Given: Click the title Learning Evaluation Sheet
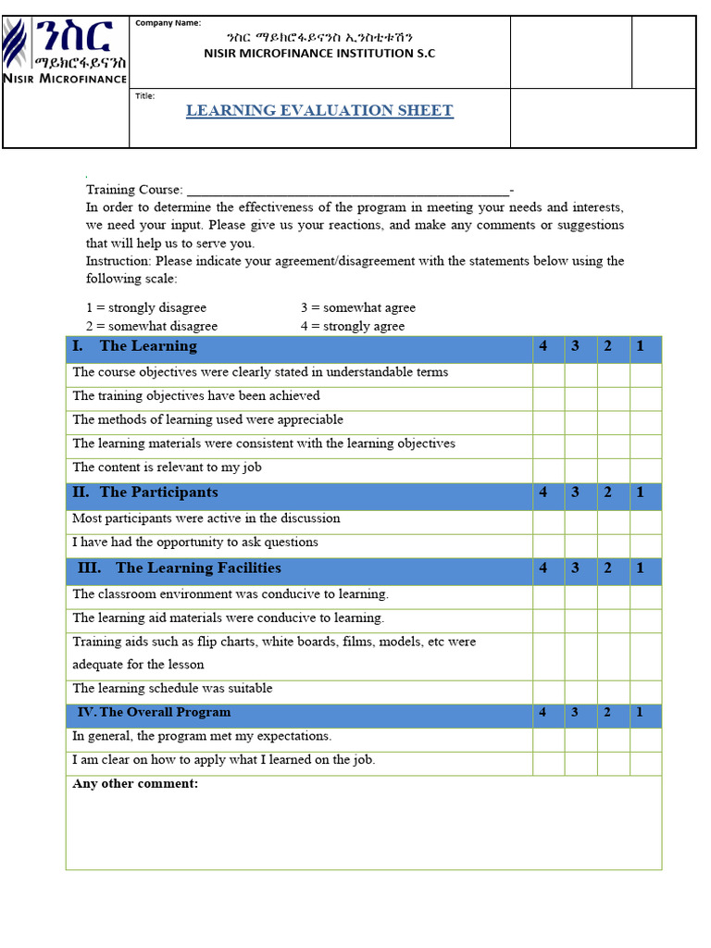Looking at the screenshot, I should pyautogui.click(x=319, y=110).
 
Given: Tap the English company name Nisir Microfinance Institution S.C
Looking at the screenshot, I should pyautogui.click(x=319, y=54).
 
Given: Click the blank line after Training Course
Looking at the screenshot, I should pyautogui.click(x=347, y=189).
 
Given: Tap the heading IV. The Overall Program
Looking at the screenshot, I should pyautogui.click(x=155, y=713).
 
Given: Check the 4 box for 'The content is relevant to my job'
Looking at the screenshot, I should pyautogui.click(x=548, y=468).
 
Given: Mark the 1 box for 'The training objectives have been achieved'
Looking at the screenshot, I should pyautogui.click(x=645, y=396).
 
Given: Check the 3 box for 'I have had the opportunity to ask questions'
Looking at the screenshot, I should pyautogui.click(x=580, y=543).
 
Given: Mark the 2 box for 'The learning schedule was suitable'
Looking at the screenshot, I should pyautogui.click(x=613, y=689).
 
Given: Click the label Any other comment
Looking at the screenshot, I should pyautogui.click(x=135, y=784).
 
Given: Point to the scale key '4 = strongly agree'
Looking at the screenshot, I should pyautogui.click(x=352, y=327).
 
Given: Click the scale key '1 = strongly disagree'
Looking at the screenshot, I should pyautogui.click(x=146, y=308).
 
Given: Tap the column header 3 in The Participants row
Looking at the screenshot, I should pyautogui.click(x=575, y=493).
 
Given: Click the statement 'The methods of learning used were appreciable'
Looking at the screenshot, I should pyautogui.click(x=207, y=420).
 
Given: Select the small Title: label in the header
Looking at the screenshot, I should pyautogui.click(x=145, y=96).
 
